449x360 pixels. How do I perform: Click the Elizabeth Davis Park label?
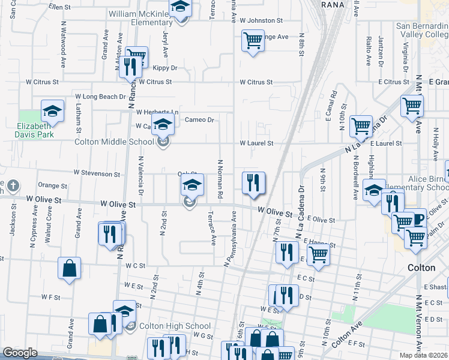coord(35,130)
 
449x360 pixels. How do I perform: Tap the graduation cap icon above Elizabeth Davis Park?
coord(52,112)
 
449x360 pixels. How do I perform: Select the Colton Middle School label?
coord(114,142)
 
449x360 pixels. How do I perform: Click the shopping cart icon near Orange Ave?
coord(253,41)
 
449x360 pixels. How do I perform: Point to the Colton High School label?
coord(175,326)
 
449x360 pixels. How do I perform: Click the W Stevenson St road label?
coord(97,173)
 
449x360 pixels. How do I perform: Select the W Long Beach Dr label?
coord(100,97)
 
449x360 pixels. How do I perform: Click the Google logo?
coord(20,353)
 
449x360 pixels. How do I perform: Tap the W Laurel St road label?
coord(256,143)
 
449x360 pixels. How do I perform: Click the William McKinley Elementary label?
coord(140,18)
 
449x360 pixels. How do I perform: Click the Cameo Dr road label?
coord(199,120)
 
